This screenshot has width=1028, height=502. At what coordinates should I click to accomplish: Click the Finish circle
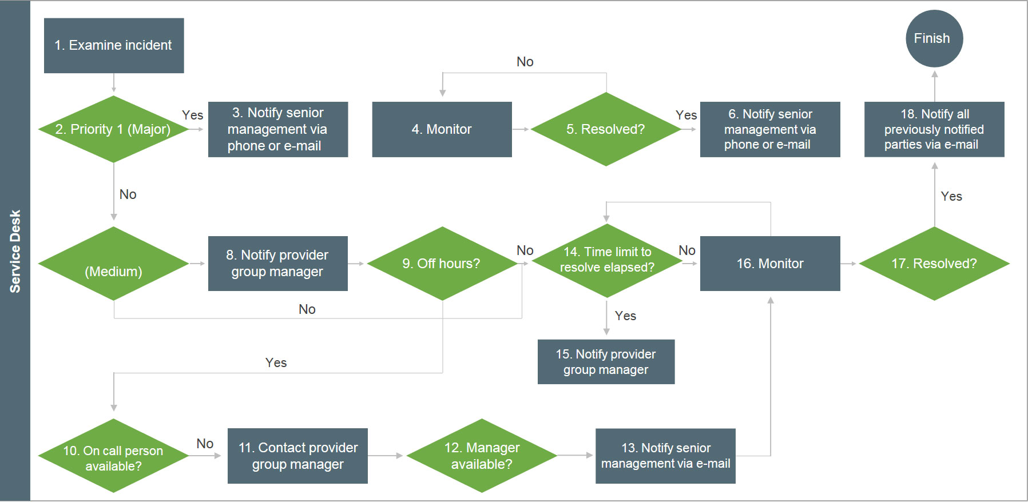pyautogui.click(x=934, y=38)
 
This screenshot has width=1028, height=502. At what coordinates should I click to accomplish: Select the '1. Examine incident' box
pyautogui.click(x=114, y=45)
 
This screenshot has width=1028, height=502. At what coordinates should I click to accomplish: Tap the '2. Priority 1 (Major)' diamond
pyautogui.click(x=114, y=129)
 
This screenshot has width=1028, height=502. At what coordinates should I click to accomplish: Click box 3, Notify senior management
pyautogui.click(x=278, y=129)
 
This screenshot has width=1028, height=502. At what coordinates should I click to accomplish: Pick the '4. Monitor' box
pyautogui.click(x=442, y=129)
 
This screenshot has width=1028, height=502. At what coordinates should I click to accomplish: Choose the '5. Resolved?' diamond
pyautogui.click(x=606, y=129)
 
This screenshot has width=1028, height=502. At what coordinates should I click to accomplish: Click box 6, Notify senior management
pyautogui.click(x=770, y=129)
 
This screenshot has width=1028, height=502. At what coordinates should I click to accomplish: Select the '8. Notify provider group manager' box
pyautogui.click(x=278, y=264)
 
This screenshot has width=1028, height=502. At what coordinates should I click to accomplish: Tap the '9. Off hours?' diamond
pyautogui.click(x=442, y=264)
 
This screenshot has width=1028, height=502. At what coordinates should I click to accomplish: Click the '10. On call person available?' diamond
pyautogui.click(x=114, y=456)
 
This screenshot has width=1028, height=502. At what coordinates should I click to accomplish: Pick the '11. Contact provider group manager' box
pyautogui.click(x=297, y=456)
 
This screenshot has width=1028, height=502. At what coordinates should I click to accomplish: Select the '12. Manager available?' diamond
pyautogui.click(x=482, y=456)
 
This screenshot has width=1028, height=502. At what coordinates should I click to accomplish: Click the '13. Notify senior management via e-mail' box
pyautogui.click(x=665, y=456)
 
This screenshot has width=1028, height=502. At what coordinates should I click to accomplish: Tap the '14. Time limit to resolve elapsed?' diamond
pyautogui.click(x=606, y=260)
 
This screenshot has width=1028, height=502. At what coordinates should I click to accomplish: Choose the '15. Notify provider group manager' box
pyautogui.click(x=606, y=362)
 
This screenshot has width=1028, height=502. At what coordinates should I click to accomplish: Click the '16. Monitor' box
pyautogui.click(x=770, y=264)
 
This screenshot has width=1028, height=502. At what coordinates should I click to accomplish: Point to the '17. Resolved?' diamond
pyautogui.click(x=934, y=264)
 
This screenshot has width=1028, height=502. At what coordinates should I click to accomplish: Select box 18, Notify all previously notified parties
pyautogui.click(x=934, y=129)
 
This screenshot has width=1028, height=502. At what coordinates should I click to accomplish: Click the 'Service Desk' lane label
pyautogui.click(x=15, y=251)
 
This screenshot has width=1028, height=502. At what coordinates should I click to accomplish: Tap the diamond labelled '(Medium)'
pyautogui.click(x=114, y=264)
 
